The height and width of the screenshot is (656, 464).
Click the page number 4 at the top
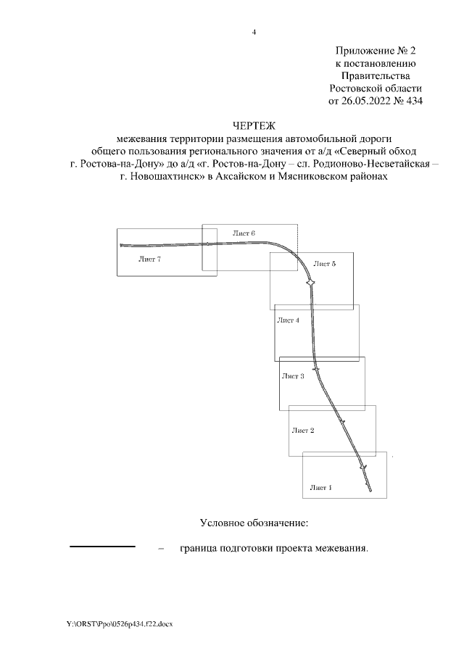[x=254, y=32]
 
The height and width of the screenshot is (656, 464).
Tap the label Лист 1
[x=320, y=487]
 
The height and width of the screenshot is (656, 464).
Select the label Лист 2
[x=302, y=431]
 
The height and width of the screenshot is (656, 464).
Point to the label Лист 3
[x=293, y=376]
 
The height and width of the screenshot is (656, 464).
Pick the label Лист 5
[x=323, y=264]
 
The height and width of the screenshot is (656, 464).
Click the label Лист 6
[x=244, y=233]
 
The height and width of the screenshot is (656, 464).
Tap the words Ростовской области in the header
[x=375, y=88]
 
